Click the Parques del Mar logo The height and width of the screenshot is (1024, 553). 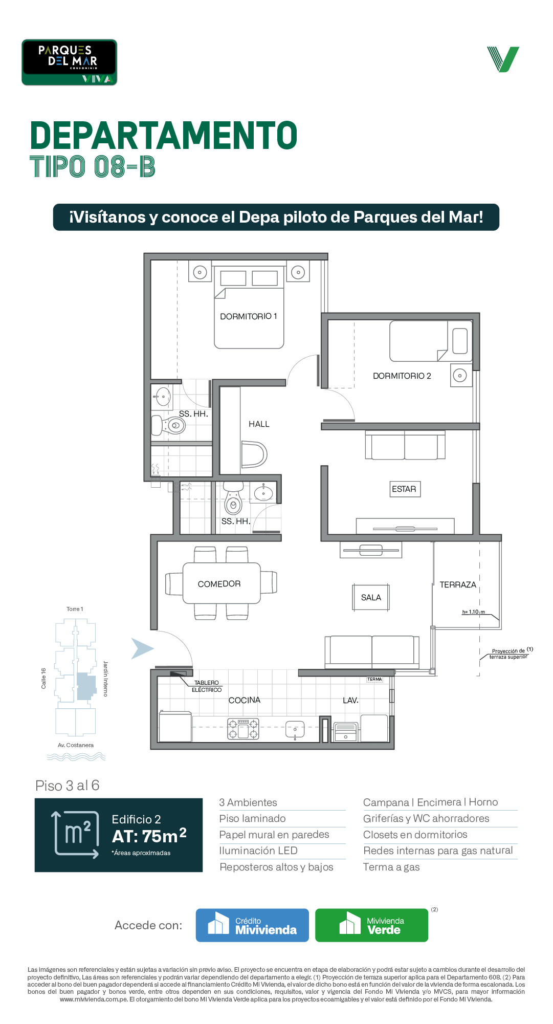coord(69,62)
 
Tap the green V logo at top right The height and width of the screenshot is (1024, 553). coord(503,59)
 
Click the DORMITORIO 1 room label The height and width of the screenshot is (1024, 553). coord(249,316)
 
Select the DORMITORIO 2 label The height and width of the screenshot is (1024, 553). coord(402,376)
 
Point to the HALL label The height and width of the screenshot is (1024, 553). coord(259,424)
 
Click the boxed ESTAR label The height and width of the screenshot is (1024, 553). coord(404,489)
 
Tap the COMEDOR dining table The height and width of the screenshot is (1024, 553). coord(222,583)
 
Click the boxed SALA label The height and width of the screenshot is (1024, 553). coord(371,597)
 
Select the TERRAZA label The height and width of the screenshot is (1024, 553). coord(458,584)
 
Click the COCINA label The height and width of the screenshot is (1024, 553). coord(245,700)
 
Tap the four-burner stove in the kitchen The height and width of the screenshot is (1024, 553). coord(243,729)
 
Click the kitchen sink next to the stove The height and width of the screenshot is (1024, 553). coord(295,729)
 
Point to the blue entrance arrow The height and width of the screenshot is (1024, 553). coord(142,648)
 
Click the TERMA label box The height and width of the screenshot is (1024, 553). coord(374,679)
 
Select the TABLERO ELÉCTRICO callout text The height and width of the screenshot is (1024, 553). coord(207,686)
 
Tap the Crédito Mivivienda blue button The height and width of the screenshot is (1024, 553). coord(252,925)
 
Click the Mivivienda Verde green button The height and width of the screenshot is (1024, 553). coord(371,925)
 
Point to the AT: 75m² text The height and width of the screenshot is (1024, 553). coord(149,836)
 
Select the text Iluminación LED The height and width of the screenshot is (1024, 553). coord(258,851)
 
